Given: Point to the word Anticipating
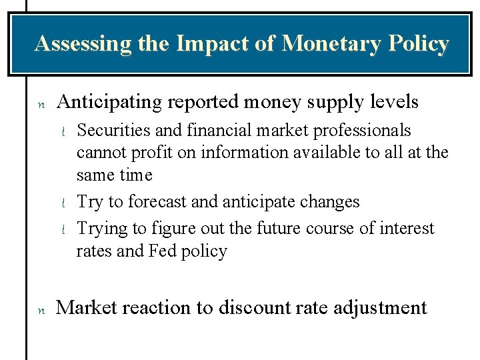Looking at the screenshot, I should tap(109, 102).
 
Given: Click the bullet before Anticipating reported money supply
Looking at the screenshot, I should tap(40, 104).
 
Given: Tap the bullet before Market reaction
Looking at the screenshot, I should tap(40, 309).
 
